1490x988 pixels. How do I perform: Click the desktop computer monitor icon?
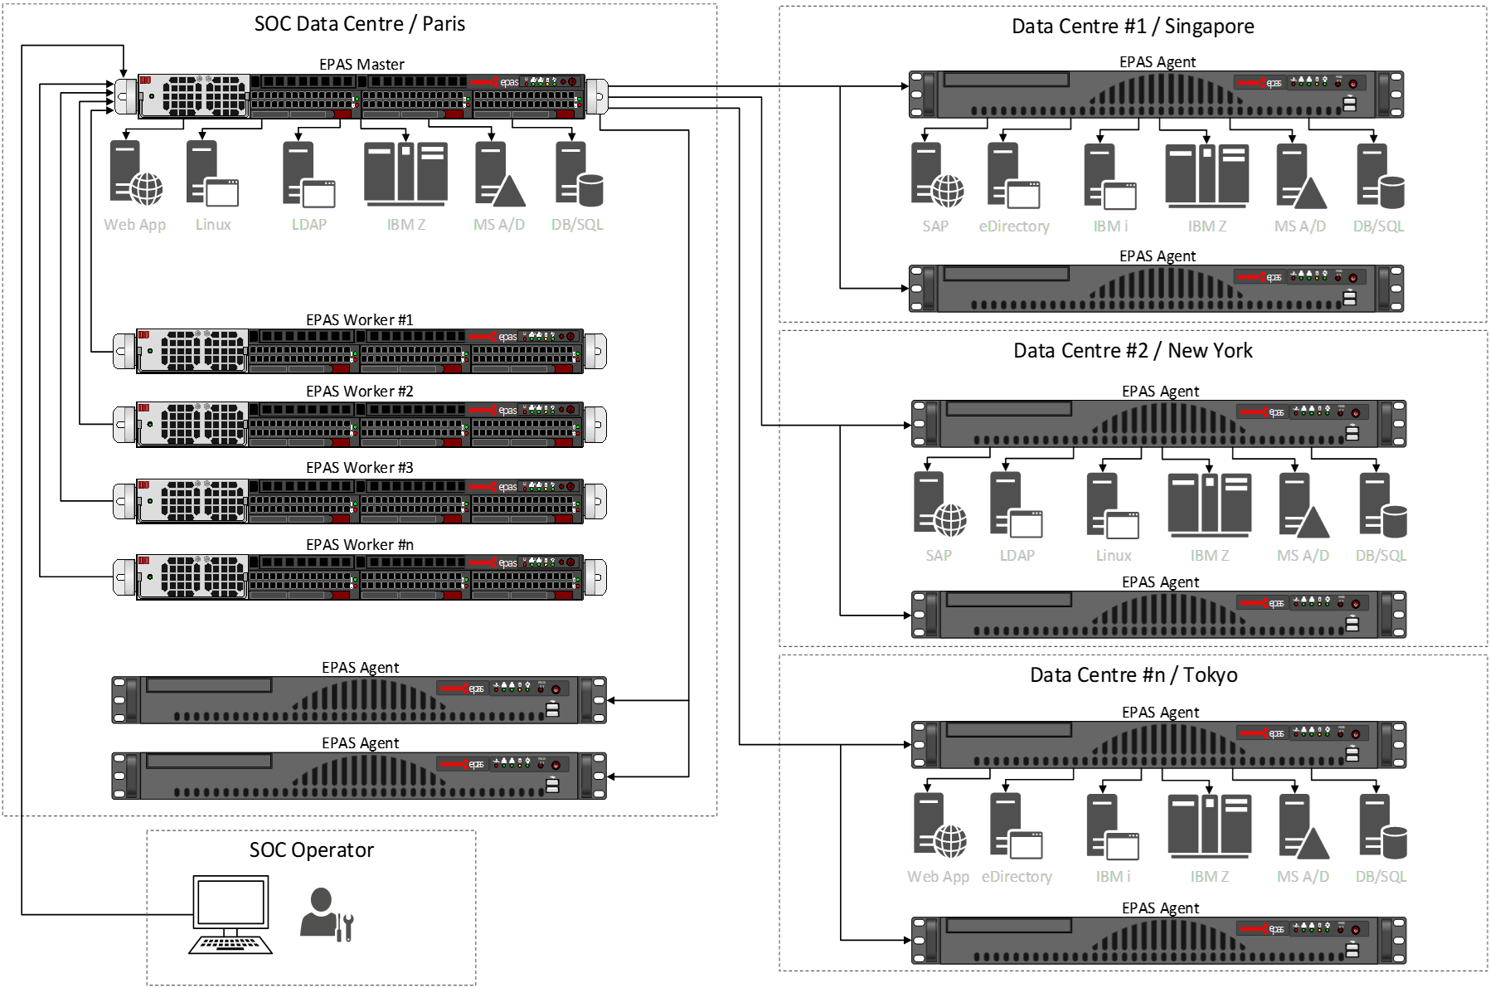[231, 903]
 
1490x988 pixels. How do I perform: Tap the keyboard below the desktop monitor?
[231, 944]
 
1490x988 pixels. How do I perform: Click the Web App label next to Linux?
[134, 225]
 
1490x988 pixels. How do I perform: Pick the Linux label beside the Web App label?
[213, 225]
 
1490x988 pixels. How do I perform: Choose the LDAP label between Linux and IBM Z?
[309, 225]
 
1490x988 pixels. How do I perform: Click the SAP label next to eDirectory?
[935, 226]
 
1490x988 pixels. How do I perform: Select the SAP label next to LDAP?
[939, 556]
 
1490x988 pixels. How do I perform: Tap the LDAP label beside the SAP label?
[1017, 556]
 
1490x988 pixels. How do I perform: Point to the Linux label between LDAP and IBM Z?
[1114, 556]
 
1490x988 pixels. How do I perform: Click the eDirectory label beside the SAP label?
[1014, 226]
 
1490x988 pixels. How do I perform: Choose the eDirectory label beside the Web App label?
[1017, 877]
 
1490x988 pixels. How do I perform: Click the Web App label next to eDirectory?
[938, 877]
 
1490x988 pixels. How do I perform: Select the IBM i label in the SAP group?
[1110, 226]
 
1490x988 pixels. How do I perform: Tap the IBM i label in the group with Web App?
[1113, 877]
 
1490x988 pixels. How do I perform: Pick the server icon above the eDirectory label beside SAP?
[1014, 175]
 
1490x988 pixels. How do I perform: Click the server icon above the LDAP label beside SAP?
[1017, 504]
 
